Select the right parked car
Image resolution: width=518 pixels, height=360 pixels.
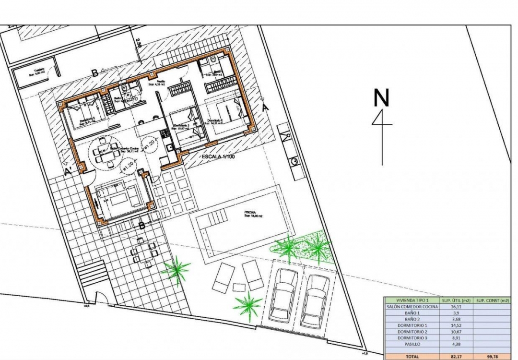[x=317, y=300]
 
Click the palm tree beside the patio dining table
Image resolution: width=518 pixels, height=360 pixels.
[x=177, y=269]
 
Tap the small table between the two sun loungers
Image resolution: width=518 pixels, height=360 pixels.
[x=238, y=287]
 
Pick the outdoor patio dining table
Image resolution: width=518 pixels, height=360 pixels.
[x=144, y=251]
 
